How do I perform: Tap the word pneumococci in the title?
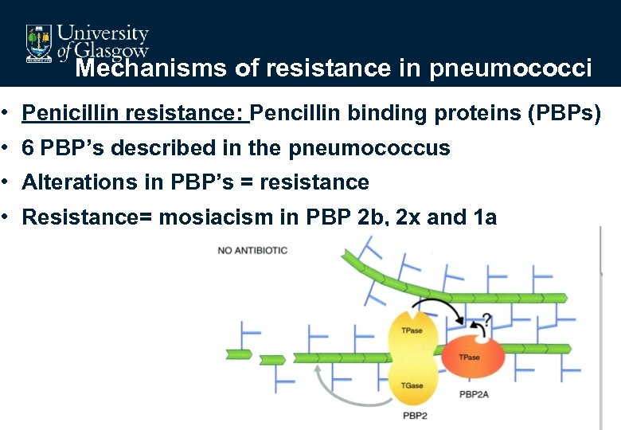coord(510,69)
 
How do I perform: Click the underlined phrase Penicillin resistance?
coord(136,114)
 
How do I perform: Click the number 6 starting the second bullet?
coord(28,148)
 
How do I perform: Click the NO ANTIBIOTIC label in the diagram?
coord(252,251)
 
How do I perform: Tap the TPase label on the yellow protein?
coord(412,330)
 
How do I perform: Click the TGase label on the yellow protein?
coord(412,385)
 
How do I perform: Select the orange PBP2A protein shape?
coord(469,358)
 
